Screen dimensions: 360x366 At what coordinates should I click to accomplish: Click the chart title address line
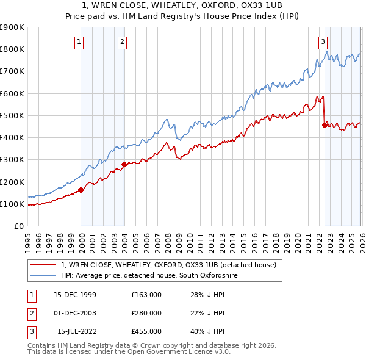coord(183,5)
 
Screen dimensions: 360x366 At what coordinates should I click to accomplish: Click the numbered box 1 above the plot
coord(80,41)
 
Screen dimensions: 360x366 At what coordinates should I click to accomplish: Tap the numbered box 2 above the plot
coord(122,41)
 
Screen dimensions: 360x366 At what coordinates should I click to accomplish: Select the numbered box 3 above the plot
coord(322,41)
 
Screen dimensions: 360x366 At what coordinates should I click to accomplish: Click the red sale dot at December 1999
coord(81,190)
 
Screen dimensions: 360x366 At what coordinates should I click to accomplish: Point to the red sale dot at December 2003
coord(124,164)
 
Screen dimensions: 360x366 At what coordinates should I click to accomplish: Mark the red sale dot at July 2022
coord(324,125)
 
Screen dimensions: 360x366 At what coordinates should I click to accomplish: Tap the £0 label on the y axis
coord(18,226)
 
